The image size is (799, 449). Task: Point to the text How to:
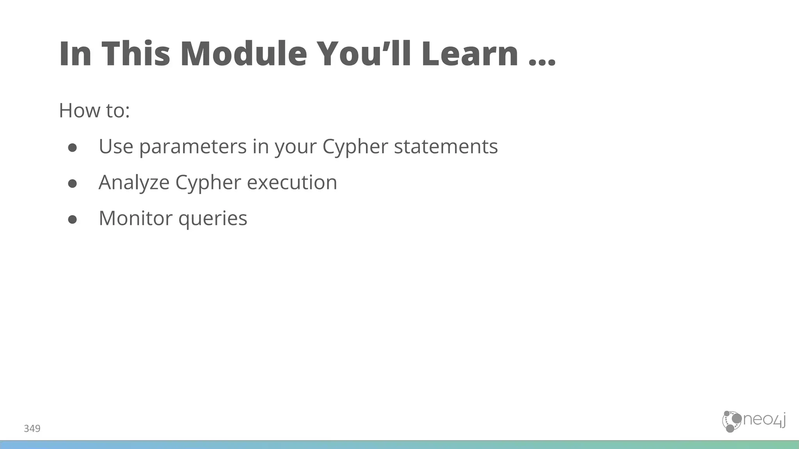[94, 110]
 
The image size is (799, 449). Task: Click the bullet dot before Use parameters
[73, 147]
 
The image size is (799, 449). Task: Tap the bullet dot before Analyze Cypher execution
[73, 183]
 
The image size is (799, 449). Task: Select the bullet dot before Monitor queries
[73, 219]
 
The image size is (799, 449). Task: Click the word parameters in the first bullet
[193, 147]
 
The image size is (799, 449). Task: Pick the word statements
[446, 147]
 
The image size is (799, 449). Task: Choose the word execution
[292, 182]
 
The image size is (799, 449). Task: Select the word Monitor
[135, 218]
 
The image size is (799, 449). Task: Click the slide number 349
[32, 429]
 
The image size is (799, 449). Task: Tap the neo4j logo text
[763, 421]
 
